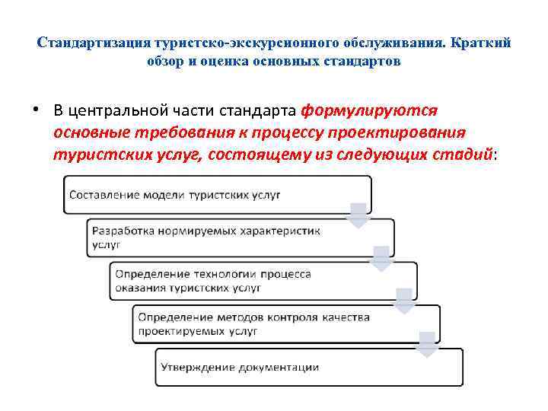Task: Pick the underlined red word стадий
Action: point(461,154)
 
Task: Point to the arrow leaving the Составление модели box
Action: point(358,215)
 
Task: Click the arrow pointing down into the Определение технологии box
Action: point(381,259)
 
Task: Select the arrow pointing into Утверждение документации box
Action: point(427,345)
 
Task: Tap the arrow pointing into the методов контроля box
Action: point(404,301)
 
